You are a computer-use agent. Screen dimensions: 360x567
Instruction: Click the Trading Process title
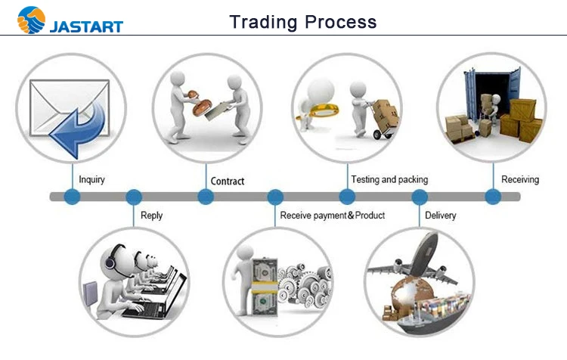click(x=302, y=21)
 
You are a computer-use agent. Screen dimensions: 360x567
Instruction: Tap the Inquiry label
click(x=91, y=180)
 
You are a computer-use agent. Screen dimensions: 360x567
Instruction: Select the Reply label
click(x=151, y=216)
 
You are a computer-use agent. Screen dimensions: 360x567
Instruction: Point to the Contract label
click(x=228, y=182)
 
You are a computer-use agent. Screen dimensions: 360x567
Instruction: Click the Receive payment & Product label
click(x=332, y=216)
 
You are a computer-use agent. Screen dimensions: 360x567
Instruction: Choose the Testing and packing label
click(x=389, y=180)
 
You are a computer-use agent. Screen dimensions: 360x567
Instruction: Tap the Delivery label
click(x=440, y=216)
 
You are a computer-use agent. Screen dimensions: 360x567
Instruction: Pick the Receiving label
click(x=520, y=180)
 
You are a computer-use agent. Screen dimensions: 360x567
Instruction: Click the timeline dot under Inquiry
click(x=73, y=197)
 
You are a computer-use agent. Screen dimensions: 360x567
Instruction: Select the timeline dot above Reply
click(x=134, y=197)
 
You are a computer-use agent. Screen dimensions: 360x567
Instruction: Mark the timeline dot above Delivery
click(x=420, y=197)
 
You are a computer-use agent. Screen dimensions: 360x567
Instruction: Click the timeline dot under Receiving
click(x=493, y=197)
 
